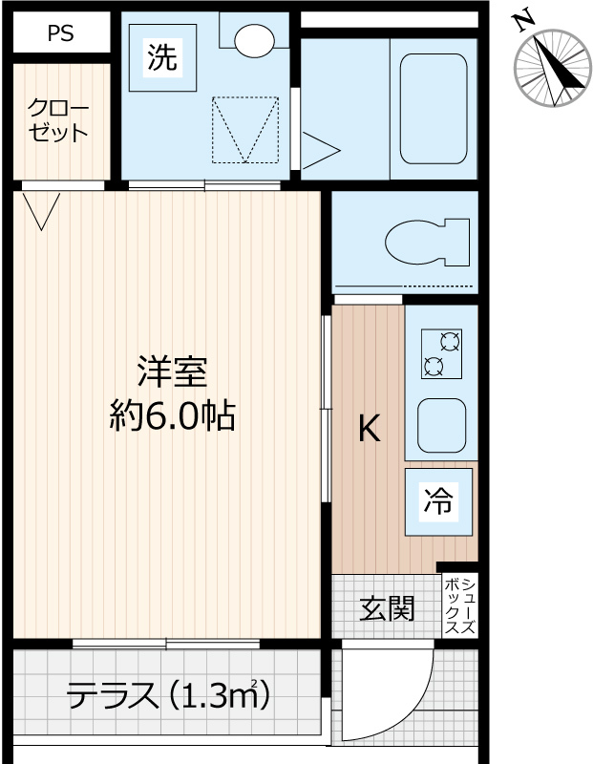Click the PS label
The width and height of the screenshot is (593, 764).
61,33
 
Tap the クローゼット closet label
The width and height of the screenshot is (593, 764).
58,120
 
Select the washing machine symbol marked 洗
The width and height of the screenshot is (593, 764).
162,57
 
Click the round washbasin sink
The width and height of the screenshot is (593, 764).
254,40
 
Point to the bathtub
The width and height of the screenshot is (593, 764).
434,109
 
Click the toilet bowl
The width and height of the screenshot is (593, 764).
428,243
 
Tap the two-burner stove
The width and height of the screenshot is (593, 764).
441,354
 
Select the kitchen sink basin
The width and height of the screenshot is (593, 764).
441,426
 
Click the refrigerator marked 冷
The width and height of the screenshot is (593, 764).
438,502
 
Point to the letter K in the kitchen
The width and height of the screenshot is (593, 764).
370,428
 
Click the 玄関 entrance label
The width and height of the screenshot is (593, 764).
387,608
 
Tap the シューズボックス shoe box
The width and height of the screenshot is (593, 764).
460,606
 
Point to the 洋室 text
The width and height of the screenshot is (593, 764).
173,372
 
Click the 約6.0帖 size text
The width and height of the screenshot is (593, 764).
173,415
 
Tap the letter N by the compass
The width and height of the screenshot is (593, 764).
524,21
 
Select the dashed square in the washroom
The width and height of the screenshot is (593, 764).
245,130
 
